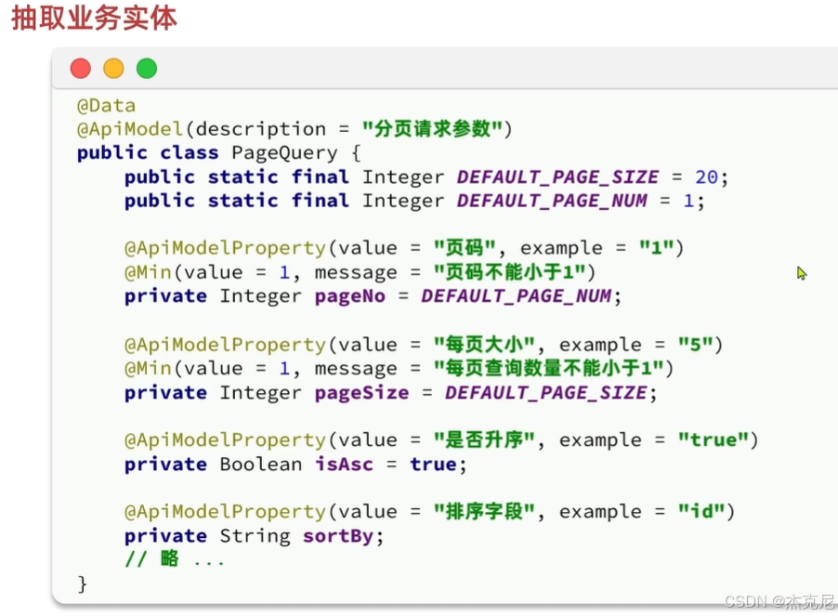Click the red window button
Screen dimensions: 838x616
point(81,68)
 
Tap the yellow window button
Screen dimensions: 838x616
point(113,68)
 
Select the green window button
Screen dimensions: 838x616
point(147,68)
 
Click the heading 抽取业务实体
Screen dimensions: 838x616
point(94,19)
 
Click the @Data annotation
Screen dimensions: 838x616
point(106,105)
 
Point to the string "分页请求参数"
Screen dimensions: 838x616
point(437,128)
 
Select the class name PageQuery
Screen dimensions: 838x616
point(278,152)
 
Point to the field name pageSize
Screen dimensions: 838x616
point(361,393)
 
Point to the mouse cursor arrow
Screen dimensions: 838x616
point(801,273)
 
